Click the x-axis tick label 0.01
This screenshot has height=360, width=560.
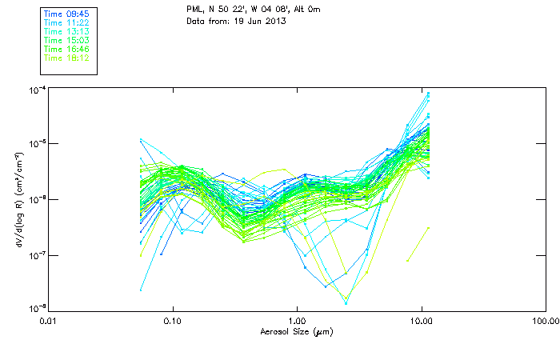pyautogui.click(x=48, y=321)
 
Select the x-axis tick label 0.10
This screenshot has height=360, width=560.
pyautogui.click(x=172, y=321)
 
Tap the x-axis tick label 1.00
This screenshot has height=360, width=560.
pyautogui.click(x=297, y=321)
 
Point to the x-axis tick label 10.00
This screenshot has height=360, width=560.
pyautogui.click(x=421, y=321)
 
